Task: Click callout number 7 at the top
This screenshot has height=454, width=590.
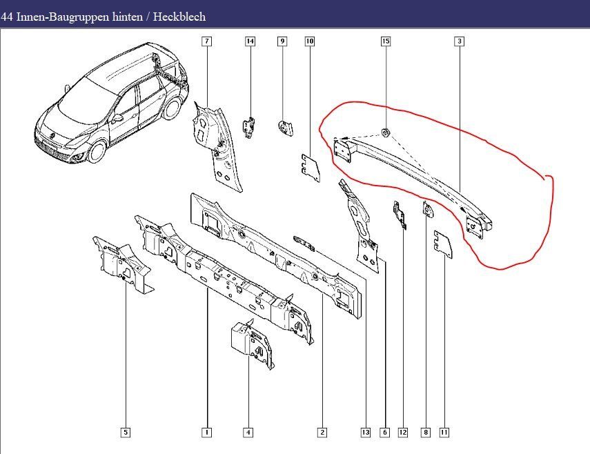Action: pyautogui.click(x=206, y=41)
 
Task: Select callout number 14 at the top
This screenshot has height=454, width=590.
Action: pyautogui.click(x=250, y=41)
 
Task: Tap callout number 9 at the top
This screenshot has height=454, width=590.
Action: pyautogui.click(x=282, y=41)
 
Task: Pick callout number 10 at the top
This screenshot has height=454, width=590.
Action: pyautogui.click(x=310, y=41)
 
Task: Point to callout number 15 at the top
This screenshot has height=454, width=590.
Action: pyautogui.click(x=386, y=41)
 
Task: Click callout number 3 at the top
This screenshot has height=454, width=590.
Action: pyautogui.click(x=459, y=41)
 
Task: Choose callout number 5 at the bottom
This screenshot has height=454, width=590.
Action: pyautogui.click(x=126, y=433)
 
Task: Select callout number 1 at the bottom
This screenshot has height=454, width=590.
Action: pyautogui.click(x=206, y=433)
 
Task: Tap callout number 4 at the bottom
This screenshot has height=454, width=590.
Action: pyautogui.click(x=248, y=433)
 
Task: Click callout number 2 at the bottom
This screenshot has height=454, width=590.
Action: pyautogui.click(x=322, y=433)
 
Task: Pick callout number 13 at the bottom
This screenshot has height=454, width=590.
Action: pyautogui.click(x=366, y=433)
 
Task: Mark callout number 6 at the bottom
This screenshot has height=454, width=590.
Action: pyautogui.click(x=385, y=433)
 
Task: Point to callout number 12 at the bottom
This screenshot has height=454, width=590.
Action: pyautogui.click(x=403, y=433)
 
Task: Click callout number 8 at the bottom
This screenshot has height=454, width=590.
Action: pyautogui.click(x=425, y=433)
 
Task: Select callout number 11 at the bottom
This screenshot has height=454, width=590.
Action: pyautogui.click(x=444, y=433)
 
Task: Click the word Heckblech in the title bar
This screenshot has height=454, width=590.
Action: pyautogui.click(x=181, y=17)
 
